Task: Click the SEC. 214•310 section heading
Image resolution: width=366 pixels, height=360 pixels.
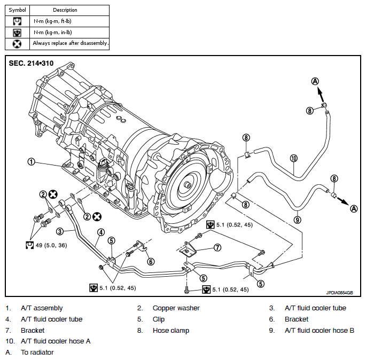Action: [x=31, y=63]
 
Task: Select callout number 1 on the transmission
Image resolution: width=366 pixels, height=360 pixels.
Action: [x=31, y=162]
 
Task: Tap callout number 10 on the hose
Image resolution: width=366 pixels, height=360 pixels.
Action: [x=294, y=159]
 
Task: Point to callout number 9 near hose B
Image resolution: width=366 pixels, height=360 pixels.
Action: [x=298, y=220]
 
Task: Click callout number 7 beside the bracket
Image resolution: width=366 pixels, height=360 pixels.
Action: [x=217, y=247]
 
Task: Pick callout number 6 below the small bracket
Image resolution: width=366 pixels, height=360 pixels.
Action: [x=151, y=262]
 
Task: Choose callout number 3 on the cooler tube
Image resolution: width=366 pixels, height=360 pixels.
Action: [x=60, y=231]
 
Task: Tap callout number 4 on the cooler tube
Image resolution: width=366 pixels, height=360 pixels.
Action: [x=101, y=232]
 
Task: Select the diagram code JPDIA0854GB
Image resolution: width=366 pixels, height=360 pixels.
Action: [x=339, y=293]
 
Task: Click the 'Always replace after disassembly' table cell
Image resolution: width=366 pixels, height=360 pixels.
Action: [x=70, y=43]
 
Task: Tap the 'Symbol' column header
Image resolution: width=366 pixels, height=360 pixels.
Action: [x=17, y=10]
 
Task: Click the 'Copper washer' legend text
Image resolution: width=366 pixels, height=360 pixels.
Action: [x=176, y=308]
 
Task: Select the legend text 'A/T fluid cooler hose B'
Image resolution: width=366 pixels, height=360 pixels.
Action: [x=320, y=331]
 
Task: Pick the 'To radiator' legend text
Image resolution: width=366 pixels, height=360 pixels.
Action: [x=37, y=353]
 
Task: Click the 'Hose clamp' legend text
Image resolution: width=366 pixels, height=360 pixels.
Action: [x=171, y=331]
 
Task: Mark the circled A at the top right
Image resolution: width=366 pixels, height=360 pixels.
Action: [x=315, y=81]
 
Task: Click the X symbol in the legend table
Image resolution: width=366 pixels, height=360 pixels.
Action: [x=17, y=44]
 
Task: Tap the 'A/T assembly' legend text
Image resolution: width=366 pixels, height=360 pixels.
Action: [x=42, y=308]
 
